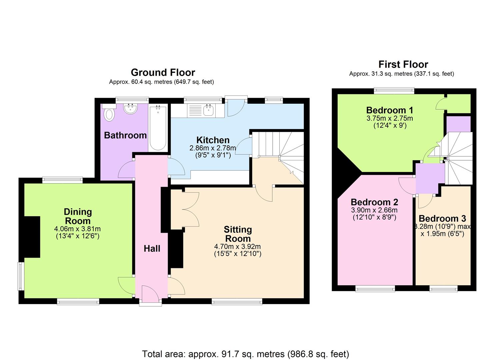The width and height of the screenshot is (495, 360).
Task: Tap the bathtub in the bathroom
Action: tap(158, 128)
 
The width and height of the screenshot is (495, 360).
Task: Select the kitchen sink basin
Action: tap(208, 110)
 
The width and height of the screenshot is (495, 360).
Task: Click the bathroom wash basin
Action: tap(131, 109)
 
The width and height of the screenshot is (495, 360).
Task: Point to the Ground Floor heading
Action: tap(163, 72)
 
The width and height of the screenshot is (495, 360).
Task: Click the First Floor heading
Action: tap(403, 64)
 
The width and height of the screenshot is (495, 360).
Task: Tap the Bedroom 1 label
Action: tap(390, 110)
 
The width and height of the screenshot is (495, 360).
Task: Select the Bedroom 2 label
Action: tap(375, 202)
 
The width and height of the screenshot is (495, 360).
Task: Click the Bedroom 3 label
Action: tap(442, 218)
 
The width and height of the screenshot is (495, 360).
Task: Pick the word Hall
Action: tap(152, 248)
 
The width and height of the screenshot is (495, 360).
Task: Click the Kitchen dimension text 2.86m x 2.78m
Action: tap(213, 148)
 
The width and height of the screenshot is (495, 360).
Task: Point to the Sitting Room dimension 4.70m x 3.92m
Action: tap(237, 246)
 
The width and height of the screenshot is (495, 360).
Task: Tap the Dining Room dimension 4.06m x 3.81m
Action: tap(77, 229)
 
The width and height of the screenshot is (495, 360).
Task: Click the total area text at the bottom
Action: tap(246, 354)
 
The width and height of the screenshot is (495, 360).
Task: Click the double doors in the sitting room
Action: tap(191, 209)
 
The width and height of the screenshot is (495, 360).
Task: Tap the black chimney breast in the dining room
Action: tap(32, 237)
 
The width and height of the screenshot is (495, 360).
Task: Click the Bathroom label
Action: tap(125, 135)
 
